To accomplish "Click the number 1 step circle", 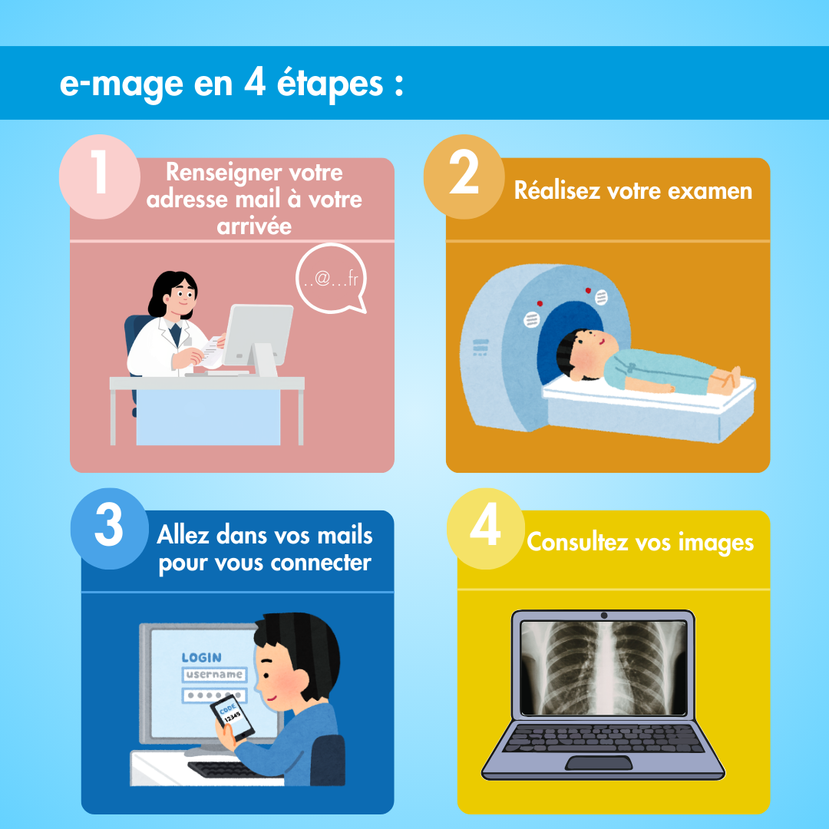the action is click(x=99, y=177).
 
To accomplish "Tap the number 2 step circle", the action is click(x=464, y=177).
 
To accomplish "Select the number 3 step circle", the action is click(x=110, y=528).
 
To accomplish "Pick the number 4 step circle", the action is click(x=486, y=528).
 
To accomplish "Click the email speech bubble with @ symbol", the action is click(x=332, y=278).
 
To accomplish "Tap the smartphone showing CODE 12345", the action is click(x=232, y=718).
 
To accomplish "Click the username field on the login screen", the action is click(x=214, y=675).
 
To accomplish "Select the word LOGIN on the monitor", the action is click(x=201, y=658).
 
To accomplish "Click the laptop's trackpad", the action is click(x=599, y=763).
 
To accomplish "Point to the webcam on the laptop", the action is click(x=604, y=616).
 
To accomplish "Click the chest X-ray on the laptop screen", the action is click(x=604, y=668).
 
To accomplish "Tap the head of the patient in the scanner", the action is click(x=585, y=354).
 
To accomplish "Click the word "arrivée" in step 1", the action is click(x=254, y=226).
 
